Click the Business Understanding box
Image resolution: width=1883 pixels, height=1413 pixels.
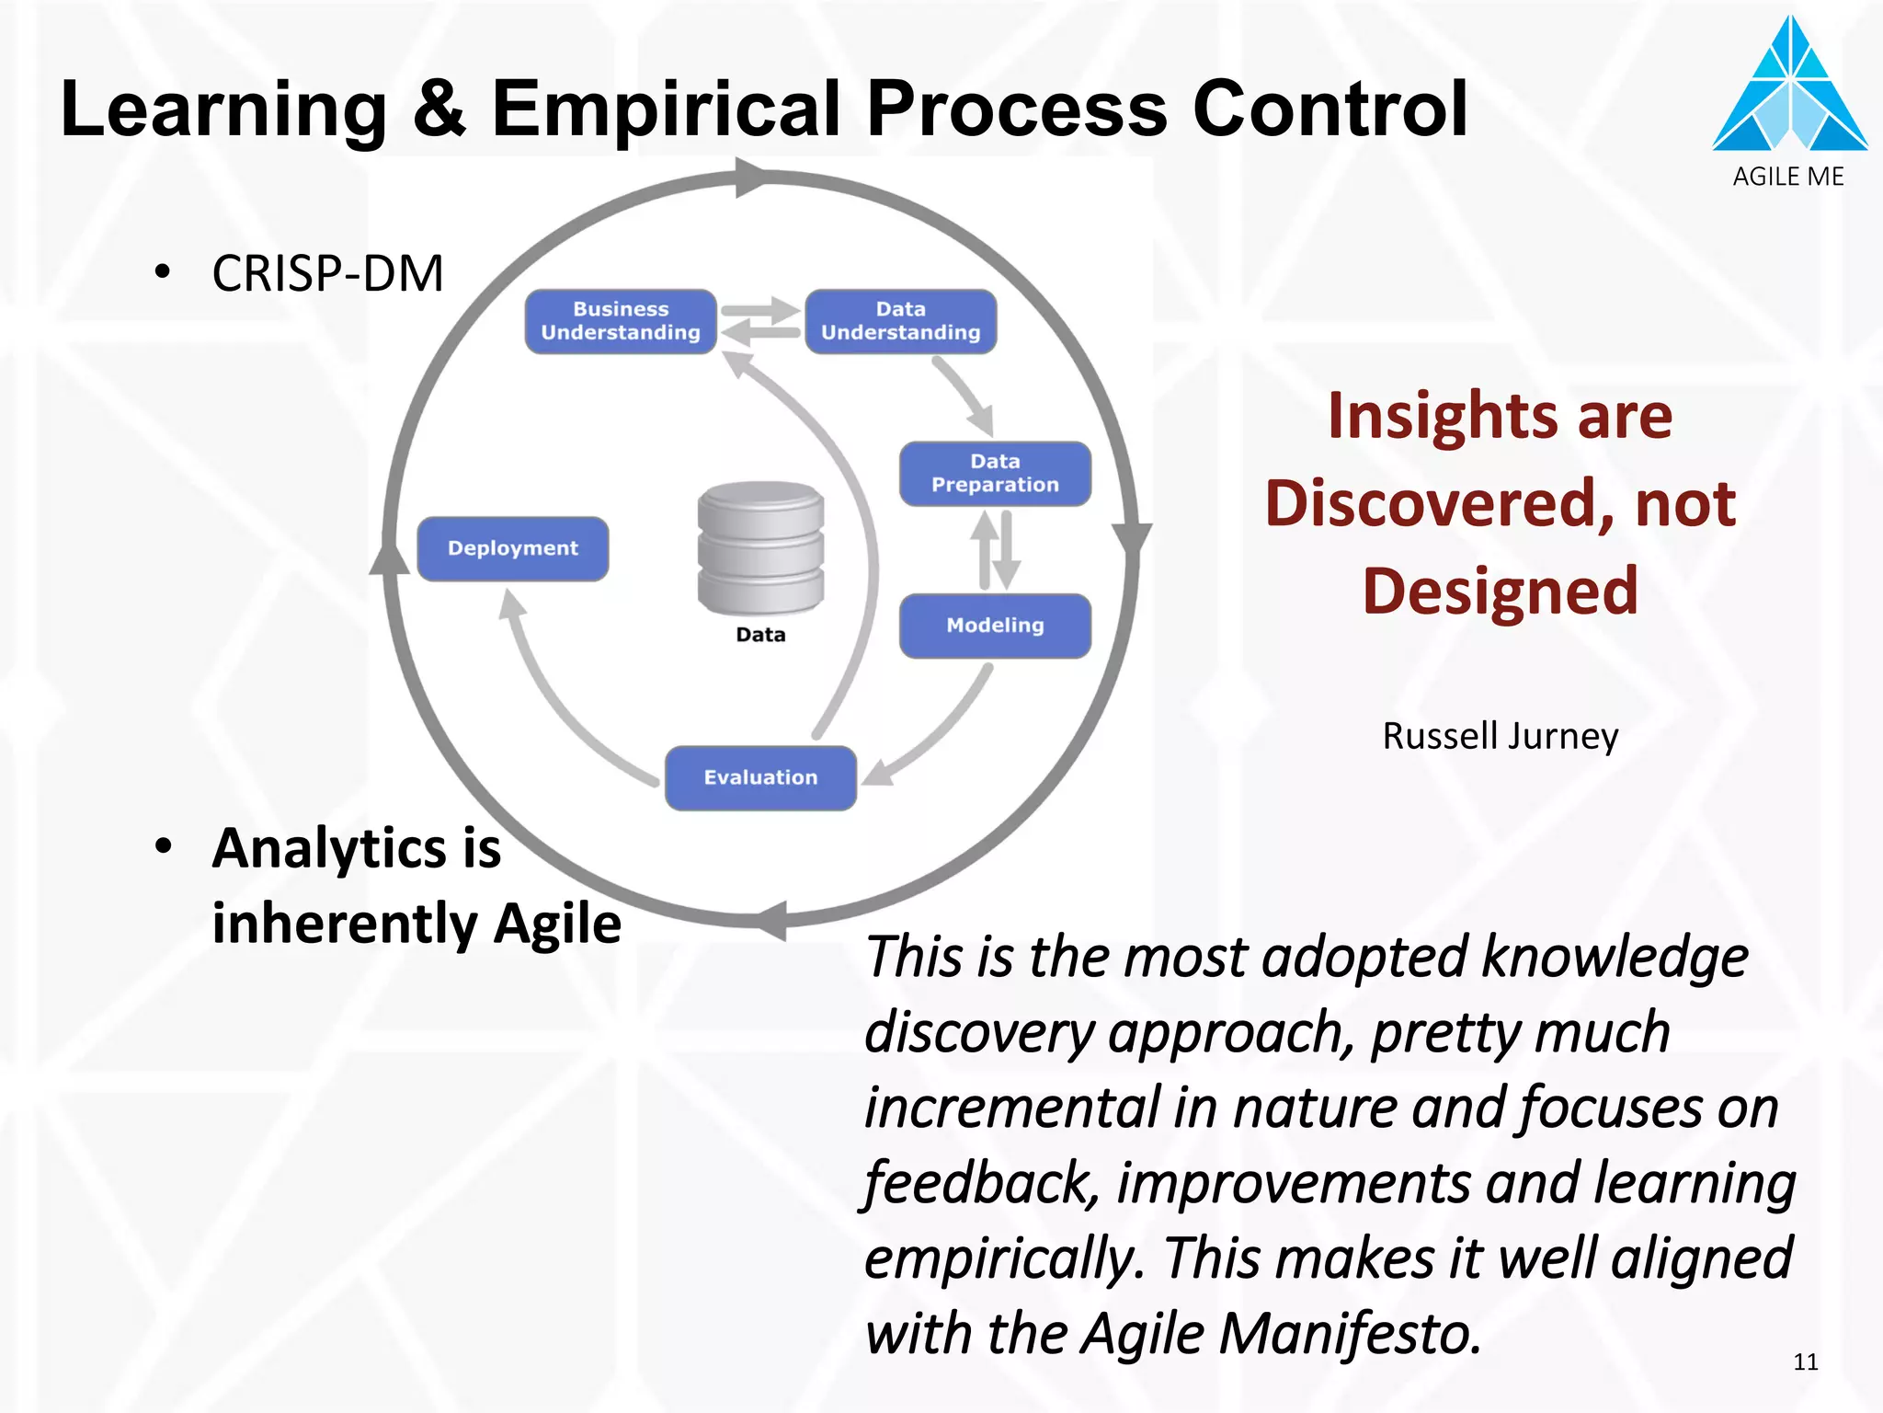[x=621, y=321]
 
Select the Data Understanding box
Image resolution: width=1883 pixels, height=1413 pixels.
[x=900, y=321]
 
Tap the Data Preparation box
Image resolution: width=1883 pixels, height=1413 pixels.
[x=995, y=474]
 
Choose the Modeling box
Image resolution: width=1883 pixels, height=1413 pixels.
[x=995, y=626]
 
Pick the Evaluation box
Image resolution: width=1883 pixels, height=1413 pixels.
[x=760, y=778]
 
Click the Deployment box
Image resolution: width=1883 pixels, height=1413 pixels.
[x=513, y=549]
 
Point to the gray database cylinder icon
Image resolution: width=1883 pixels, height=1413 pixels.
[x=760, y=548]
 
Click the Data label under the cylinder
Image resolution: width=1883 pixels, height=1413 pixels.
[x=760, y=635]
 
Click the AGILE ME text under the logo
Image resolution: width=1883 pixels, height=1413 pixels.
[x=1788, y=177]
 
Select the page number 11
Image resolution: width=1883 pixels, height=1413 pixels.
[x=1806, y=1362]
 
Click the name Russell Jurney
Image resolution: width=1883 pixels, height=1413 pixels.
[x=1501, y=736]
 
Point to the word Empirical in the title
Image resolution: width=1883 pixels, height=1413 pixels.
[x=666, y=109]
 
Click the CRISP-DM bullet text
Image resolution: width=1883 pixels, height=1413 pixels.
[x=327, y=274]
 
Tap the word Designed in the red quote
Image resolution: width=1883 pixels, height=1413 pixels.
[x=1501, y=591]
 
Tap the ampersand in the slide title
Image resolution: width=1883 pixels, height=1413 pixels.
[x=439, y=109]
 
